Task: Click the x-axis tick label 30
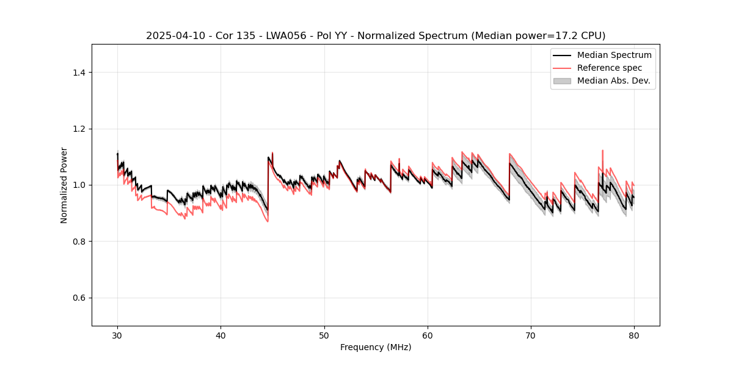pyautogui.click(x=117, y=335)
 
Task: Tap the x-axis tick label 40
pyautogui.click(x=221, y=335)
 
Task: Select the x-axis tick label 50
pyautogui.click(x=324, y=335)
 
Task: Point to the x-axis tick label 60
pyautogui.click(x=428, y=335)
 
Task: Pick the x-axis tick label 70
pyautogui.click(x=531, y=335)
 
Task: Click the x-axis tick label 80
pyautogui.click(x=634, y=335)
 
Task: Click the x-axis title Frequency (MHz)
pyautogui.click(x=376, y=347)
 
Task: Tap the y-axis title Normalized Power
pyautogui.click(x=64, y=185)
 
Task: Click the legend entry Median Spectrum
pyautogui.click(x=614, y=55)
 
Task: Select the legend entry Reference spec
pyautogui.click(x=610, y=68)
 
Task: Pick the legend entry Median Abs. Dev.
pyautogui.click(x=613, y=81)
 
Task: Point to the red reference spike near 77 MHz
pyautogui.click(x=603, y=151)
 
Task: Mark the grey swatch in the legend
pyautogui.click(x=561, y=81)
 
